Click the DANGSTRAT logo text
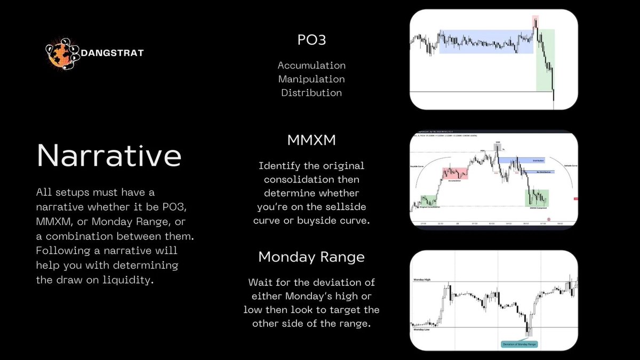pos(113,52)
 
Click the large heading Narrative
pos(109,156)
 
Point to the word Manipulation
pos(311,79)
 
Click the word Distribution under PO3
pos(311,93)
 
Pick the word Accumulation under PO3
pos(311,66)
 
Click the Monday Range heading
pos(311,257)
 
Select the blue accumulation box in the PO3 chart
pos(485,41)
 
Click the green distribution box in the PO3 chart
pos(545,60)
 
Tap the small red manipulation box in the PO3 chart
pos(535,22)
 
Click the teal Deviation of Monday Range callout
pos(519,344)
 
